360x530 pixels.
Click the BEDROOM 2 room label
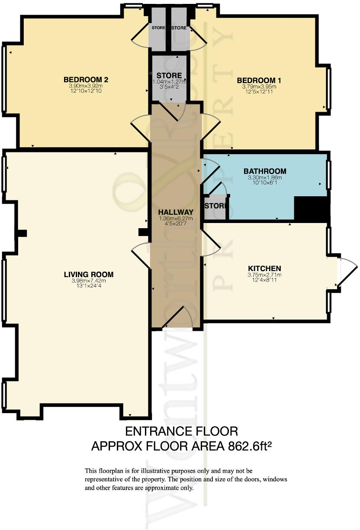[x=86, y=80]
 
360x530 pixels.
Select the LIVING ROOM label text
[x=89, y=274]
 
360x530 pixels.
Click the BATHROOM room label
[x=264, y=171]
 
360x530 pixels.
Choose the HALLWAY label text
[x=175, y=212]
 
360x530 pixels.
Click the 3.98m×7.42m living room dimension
[x=89, y=281]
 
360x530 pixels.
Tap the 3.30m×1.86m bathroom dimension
[x=264, y=178]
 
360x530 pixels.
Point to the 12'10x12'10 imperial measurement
[x=86, y=91]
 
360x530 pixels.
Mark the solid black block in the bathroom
[x=312, y=208]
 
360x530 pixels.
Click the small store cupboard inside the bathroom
[x=215, y=206]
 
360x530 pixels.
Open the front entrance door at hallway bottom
[x=176, y=318]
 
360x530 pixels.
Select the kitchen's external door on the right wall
[x=346, y=272]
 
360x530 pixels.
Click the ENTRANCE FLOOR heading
[x=181, y=431]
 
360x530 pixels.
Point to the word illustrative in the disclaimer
[x=156, y=471]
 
